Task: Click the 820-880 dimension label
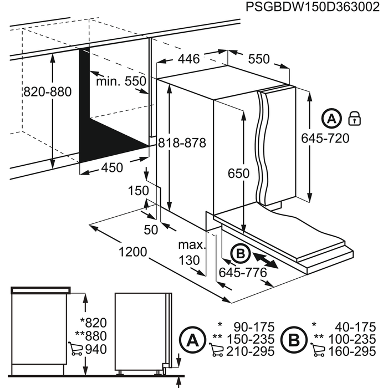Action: (48, 92)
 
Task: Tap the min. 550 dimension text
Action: (121, 81)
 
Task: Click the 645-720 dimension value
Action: (326, 138)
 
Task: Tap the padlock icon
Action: (353, 118)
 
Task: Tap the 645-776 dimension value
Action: (242, 272)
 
